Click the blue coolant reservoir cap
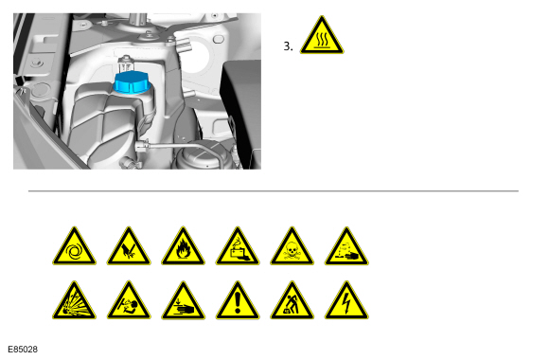point(132,82)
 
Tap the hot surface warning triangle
point(322,36)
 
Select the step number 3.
point(288,46)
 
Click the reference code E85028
point(23,350)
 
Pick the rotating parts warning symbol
point(74,247)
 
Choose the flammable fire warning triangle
point(183,247)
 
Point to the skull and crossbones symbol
point(292,247)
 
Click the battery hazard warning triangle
point(238,247)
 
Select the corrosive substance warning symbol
point(346,247)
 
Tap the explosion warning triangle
point(74,301)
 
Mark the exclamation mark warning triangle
point(238,301)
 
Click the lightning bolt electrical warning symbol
point(346,301)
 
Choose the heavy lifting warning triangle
point(292,301)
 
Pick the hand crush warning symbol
point(183,301)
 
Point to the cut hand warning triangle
point(129,247)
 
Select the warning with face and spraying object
point(129,301)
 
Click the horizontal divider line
point(274,191)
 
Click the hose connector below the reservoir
point(142,146)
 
